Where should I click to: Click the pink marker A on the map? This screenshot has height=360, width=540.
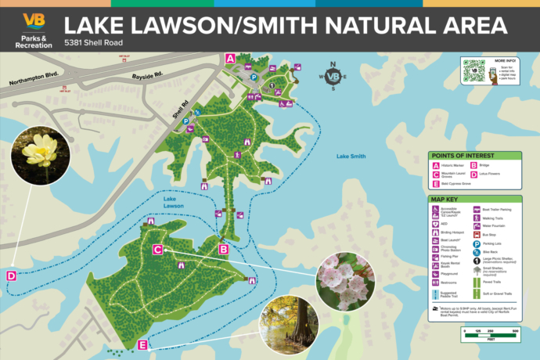(230, 59)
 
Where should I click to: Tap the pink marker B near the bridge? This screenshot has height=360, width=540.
(223, 250)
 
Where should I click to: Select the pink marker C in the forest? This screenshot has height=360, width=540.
(157, 250)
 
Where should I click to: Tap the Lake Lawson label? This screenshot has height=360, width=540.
(175, 203)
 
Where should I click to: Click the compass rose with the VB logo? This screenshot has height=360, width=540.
(333, 76)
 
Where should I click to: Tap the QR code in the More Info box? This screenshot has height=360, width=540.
(473, 70)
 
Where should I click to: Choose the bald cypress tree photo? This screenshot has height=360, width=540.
(289, 324)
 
